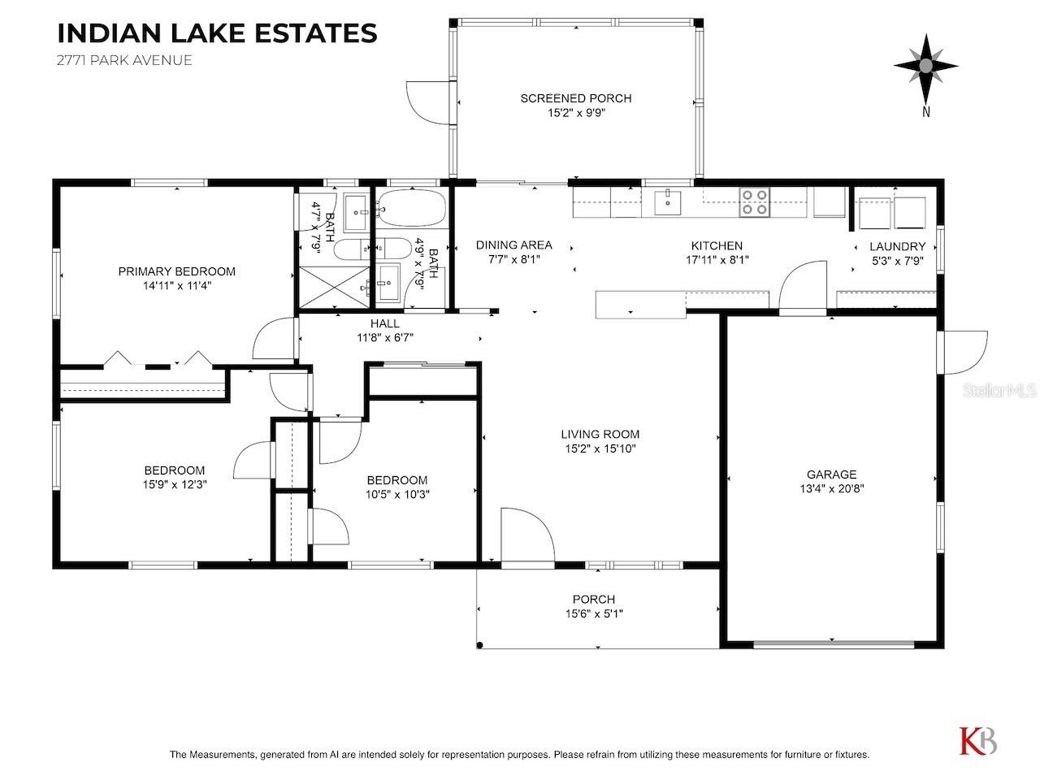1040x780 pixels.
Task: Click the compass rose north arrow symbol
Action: (x=925, y=67)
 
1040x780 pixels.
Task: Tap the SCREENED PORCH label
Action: (x=576, y=98)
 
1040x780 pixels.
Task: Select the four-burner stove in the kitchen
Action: (x=755, y=201)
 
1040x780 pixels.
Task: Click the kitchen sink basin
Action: (x=668, y=202)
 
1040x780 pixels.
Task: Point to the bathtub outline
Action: (x=411, y=207)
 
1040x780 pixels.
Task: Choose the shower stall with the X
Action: (x=334, y=287)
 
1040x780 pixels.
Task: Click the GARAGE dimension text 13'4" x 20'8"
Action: (x=831, y=489)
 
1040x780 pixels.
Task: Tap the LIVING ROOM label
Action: (x=600, y=434)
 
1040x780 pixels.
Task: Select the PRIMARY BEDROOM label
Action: (x=177, y=271)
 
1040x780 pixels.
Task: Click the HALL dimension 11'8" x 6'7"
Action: (x=385, y=338)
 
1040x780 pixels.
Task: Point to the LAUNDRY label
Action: (x=897, y=246)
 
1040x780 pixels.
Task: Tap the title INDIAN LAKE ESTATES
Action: (x=217, y=33)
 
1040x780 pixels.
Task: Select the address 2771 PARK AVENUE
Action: (x=124, y=60)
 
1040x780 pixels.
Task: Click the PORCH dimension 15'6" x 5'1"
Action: (x=594, y=613)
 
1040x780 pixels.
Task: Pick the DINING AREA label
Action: (x=514, y=245)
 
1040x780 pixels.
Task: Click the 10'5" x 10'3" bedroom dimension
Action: (x=397, y=495)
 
